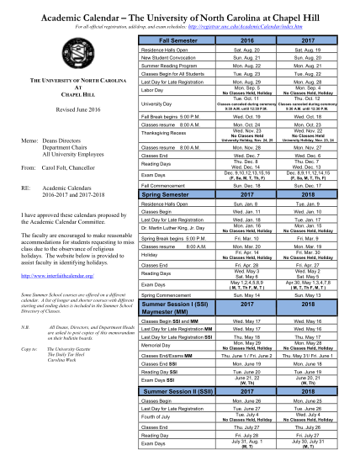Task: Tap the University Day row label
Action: point(159,103)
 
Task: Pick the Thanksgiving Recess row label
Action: point(167,133)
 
